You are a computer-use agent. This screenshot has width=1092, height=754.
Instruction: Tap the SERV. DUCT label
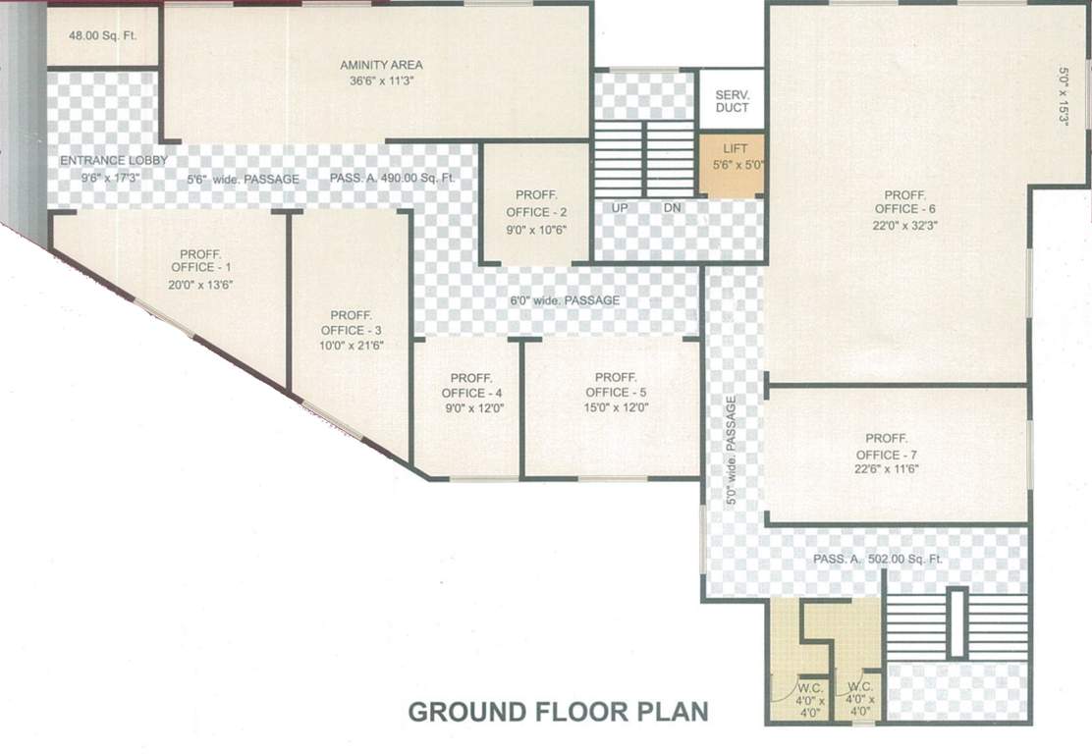(x=732, y=100)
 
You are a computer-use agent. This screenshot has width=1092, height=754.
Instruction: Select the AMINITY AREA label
(x=381, y=65)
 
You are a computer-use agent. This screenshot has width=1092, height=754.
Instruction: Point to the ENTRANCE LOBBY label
(x=113, y=160)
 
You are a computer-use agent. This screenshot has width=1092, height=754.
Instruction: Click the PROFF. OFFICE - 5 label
(x=616, y=385)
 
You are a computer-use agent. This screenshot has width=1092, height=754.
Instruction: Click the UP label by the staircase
(x=620, y=208)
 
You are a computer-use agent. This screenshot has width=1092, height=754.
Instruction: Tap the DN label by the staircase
(x=672, y=208)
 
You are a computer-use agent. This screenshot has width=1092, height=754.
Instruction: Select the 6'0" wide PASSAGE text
(x=564, y=300)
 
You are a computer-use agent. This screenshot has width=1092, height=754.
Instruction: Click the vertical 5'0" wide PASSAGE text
(x=732, y=450)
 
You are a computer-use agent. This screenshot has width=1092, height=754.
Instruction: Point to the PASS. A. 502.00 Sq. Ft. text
(x=878, y=559)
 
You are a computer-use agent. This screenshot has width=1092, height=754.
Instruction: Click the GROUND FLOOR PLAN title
(x=557, y=711)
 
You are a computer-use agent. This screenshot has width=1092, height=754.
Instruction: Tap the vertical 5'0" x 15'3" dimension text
(x=1063, y=95)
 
